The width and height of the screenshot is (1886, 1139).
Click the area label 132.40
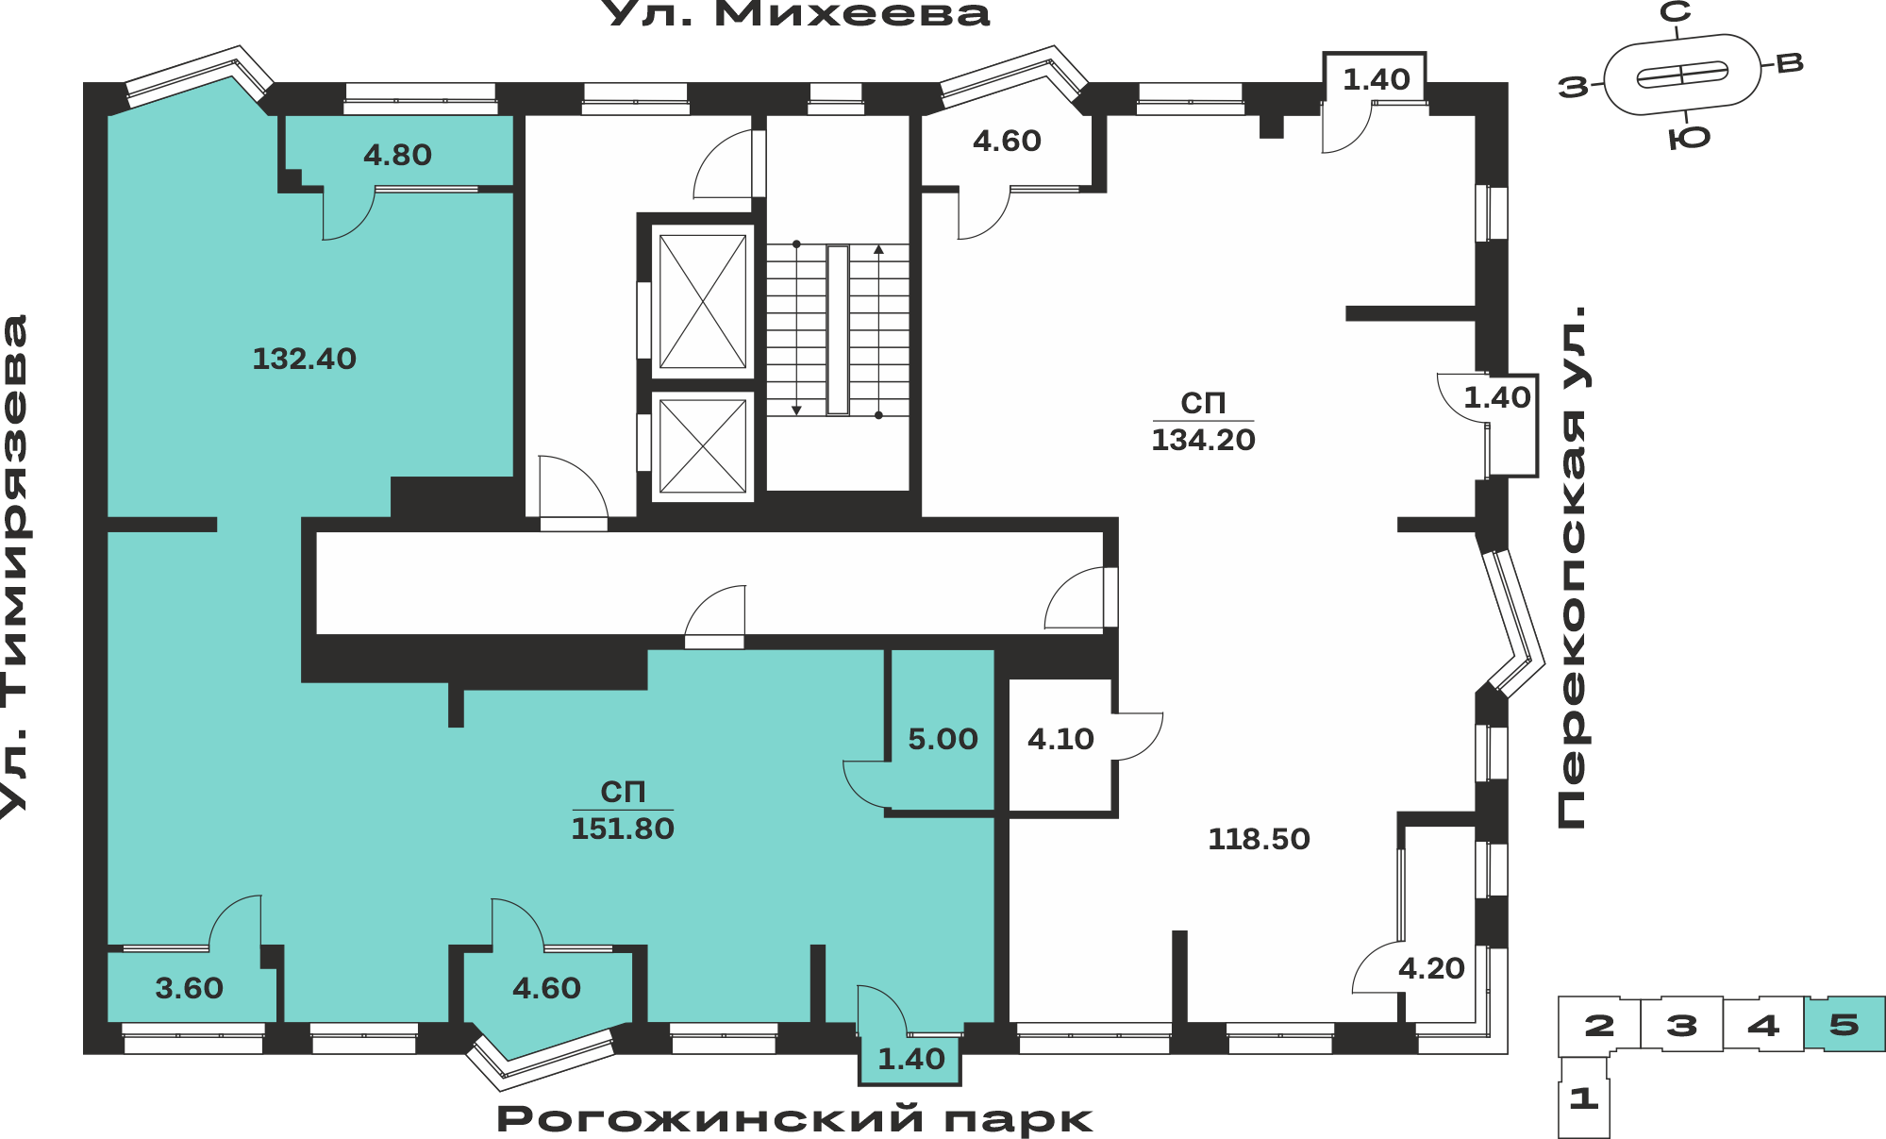304,359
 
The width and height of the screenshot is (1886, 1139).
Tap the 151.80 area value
623,829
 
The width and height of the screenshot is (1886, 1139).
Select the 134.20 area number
1203,440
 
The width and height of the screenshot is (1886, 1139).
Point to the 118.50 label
1259,839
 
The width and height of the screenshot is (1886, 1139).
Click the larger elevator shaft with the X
703,301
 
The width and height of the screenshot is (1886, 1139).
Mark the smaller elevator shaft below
703,446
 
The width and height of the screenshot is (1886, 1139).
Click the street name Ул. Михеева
795,14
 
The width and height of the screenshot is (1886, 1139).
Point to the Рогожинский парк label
794,1119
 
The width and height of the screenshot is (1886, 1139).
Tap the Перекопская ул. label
1573,567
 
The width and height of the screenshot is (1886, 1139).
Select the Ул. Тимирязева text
15,566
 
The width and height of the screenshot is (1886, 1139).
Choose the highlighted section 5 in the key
1844,1024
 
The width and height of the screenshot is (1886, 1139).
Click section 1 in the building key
1584,1098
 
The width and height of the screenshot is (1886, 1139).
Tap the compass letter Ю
1689,139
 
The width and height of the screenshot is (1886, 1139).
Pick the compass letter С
1676,12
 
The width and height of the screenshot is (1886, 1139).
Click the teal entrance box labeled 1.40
910,1060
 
